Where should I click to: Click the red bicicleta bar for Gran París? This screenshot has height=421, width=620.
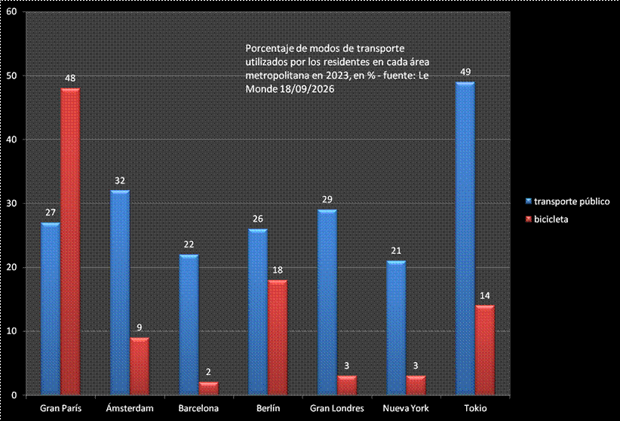70,241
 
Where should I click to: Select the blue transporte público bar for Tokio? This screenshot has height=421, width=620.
465,238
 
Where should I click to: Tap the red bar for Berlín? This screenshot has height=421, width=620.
278,337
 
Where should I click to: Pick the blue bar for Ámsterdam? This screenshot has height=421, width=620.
120,293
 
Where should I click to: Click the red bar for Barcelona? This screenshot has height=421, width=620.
208,389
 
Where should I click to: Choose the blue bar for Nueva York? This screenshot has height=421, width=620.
396,327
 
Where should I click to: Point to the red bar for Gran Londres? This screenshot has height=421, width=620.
347,386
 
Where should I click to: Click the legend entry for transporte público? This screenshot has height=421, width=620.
568,201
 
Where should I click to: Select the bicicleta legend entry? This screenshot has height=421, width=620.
547,220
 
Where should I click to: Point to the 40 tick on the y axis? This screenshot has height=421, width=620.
11,140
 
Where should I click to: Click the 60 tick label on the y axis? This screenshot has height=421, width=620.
11,11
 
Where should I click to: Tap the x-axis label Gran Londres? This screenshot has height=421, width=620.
337,408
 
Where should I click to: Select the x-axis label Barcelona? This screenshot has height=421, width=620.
198,408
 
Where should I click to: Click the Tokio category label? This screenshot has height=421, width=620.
475,408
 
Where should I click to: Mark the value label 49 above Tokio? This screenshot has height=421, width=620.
465,72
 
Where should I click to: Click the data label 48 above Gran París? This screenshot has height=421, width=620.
70,78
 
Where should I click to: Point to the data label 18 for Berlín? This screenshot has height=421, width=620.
278,270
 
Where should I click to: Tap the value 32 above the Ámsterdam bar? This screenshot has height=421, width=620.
120,180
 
